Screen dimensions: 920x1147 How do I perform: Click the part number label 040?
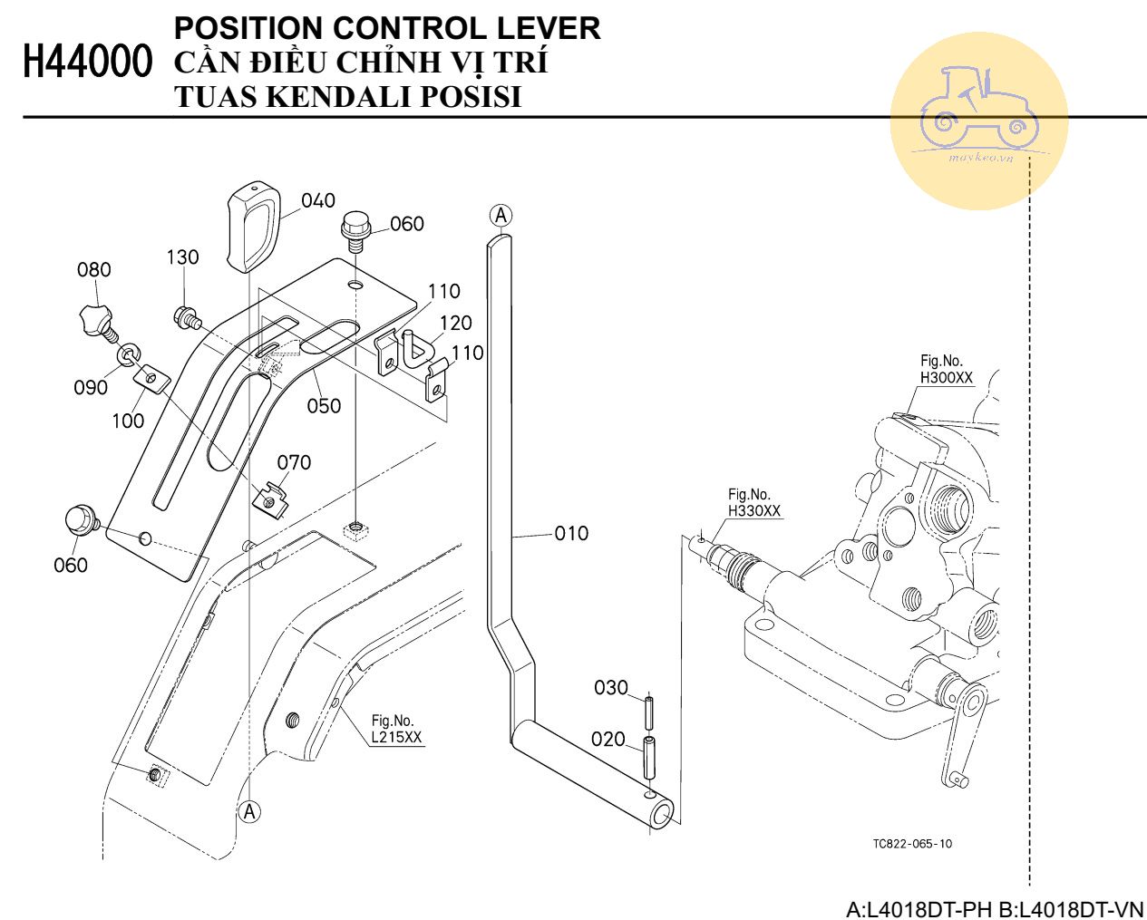click(318, 200)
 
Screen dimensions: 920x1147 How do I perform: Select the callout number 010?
click(571, 533)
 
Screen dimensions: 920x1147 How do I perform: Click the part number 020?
click(608, 739)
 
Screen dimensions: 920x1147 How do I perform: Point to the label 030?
click(611, 687)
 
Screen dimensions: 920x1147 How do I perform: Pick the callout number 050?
click(324, 405)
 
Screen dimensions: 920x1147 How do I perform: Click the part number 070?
click(294, 462)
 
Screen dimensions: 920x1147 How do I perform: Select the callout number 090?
click(91, 387)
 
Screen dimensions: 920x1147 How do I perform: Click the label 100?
click(128, 420)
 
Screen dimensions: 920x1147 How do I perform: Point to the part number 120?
click(456, 323)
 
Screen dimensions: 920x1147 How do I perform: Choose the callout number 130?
click(182, 257)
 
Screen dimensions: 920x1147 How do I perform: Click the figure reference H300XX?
click(946, 378)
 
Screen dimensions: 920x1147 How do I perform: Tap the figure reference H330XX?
click(753, 511)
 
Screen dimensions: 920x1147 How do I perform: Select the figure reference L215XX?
click(396, 737)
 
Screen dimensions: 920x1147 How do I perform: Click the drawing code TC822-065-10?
click(912, 843)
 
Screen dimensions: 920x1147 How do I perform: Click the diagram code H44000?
click(87, 63)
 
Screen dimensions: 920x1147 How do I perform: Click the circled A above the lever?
click(501, 215)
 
